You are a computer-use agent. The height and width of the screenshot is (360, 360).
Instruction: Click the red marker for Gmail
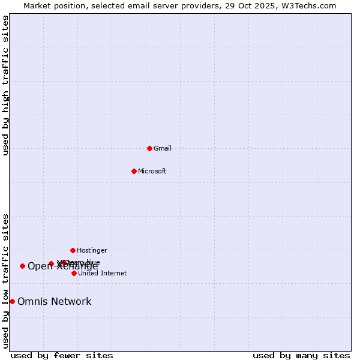coord(149,148)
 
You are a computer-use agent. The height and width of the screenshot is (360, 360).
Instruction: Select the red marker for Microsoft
coord(134,171)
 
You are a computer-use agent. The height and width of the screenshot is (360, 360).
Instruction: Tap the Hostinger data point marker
coord(73,250)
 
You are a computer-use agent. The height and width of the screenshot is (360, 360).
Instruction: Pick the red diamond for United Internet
coord(74,273)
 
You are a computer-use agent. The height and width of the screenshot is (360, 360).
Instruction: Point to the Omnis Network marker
coord(12,301)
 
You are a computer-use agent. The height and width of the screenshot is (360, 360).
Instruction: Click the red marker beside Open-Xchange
coord(22,266)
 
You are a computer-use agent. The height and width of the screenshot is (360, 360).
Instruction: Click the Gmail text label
coord(163,148)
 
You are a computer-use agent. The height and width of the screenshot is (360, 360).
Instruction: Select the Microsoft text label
coord(152,171)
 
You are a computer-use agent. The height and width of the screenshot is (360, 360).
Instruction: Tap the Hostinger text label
coord(92,250)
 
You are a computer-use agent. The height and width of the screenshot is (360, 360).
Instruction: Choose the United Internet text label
coord(102,273)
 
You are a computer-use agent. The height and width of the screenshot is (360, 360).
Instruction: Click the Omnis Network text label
coord(54,301)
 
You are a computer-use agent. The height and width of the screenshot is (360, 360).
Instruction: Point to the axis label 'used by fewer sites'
coord(62,355)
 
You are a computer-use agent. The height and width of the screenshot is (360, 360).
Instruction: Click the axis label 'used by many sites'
coord(301,355)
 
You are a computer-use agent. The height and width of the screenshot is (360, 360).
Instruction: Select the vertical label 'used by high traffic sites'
coord(6,85)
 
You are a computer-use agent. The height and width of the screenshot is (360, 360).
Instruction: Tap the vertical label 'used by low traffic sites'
coord(6,281)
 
